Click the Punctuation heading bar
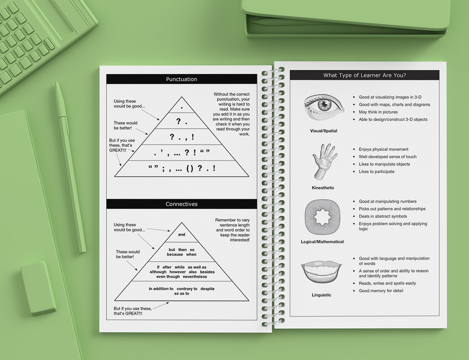[x=181, y=79]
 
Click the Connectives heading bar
[x=181, y=204]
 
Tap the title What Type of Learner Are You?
[x=364, y=75]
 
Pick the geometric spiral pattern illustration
[x=322, y=217]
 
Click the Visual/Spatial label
[x=324, y=131]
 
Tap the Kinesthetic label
[x=323, y=188]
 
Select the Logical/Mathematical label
[x=322, y=242]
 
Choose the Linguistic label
[x=321, y=295]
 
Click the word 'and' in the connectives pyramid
[x=182, y=235]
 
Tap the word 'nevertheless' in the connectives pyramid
[x=195, y=277]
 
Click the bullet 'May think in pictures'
[x=378, y=112]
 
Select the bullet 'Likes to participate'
[x=376, y=172]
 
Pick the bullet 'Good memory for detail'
[x=381, y=291]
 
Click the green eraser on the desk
[x=39, y=288]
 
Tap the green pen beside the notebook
[x=71, y=166]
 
